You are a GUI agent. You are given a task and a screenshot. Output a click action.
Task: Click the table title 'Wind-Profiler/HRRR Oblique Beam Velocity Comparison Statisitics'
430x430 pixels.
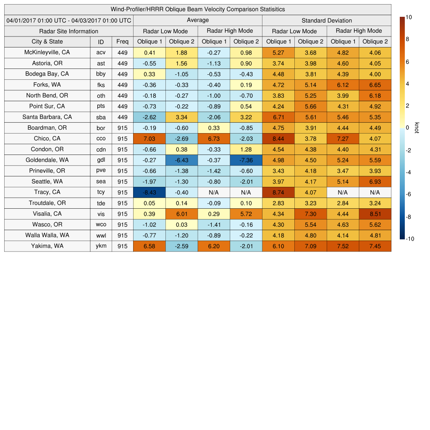pos(198,9)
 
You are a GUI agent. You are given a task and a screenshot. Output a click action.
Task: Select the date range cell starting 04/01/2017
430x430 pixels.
pos(69,20)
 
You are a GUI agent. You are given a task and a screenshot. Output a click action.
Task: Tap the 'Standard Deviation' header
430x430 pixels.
pos(327,20)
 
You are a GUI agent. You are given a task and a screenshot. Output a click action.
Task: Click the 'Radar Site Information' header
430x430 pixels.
pos(69,31)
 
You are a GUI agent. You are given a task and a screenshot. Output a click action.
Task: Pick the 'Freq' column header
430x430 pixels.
pos(123,42)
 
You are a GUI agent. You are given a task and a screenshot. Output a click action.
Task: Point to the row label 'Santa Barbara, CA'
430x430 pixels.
pos(47,117)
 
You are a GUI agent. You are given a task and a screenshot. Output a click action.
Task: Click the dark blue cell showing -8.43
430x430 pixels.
pos(149,192)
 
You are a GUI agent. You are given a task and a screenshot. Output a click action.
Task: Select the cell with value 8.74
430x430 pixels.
pos(278,192)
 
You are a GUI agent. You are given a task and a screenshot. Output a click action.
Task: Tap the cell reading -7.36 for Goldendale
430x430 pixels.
pos(246,160)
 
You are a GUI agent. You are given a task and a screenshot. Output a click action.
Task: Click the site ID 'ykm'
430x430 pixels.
pos(101,246)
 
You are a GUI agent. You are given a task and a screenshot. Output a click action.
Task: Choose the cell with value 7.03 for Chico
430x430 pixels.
pos(149,139)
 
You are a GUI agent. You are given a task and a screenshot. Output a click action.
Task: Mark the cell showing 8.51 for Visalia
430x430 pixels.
pos(375,214)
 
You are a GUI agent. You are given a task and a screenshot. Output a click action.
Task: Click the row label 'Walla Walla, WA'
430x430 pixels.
pos(47,235)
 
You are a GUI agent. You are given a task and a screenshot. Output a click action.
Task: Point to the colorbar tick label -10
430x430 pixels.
pos(410,239)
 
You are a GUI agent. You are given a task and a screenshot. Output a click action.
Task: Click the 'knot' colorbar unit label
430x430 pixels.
pos(417,127)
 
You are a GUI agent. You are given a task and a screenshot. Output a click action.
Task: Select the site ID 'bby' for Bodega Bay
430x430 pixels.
pos(101,74)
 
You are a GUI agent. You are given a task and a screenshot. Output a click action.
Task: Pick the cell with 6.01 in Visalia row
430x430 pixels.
pos(182,214)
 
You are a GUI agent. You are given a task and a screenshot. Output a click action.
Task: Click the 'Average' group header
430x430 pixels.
pos(198,20)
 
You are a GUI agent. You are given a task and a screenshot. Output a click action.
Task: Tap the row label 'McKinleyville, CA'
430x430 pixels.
pos(47,52)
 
